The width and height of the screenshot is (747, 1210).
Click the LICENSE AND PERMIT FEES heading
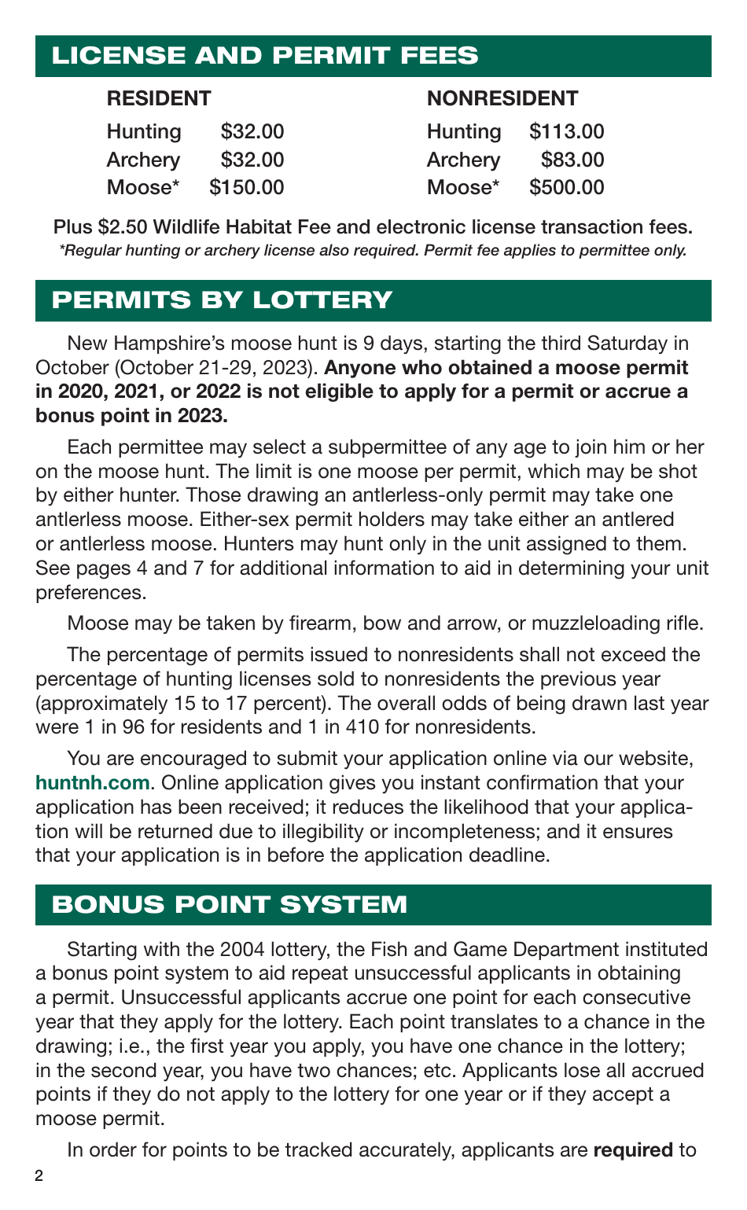coord(264,56)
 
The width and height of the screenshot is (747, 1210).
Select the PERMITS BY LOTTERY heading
coord(222,300)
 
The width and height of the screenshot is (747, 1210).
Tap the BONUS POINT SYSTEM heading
coord(230,904)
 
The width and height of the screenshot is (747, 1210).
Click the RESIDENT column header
coord(159,98)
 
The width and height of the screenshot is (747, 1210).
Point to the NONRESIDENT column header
coord(502,98)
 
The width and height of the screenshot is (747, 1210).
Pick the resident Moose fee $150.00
coord(246,187)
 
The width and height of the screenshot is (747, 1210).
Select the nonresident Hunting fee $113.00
coord(566,131)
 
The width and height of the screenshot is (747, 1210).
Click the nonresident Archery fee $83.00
coord(572,160)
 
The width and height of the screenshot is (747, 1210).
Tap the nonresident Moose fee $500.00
coord(566,187)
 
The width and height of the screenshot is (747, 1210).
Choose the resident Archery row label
coord(143,160)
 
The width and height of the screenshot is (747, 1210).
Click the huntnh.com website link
coord(92,783)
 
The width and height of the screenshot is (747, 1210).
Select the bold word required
coord(633,1150)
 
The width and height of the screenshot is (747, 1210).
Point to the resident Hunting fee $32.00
coord(252,131)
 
